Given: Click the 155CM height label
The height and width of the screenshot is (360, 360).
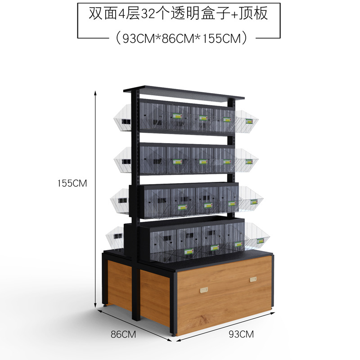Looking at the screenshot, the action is click(72, 184).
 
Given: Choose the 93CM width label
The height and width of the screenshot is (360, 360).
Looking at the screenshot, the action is click(241, 334).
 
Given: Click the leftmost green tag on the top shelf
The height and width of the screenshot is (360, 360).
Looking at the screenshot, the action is click(178, 116).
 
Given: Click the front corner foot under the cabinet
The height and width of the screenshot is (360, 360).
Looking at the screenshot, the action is click(174, 335).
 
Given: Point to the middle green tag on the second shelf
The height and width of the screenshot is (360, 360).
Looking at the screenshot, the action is click(201, 160).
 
